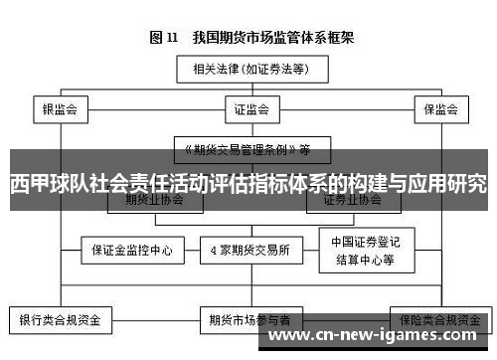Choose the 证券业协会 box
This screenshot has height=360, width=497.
pos(354,199)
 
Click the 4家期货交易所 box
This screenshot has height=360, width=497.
pos(250,250)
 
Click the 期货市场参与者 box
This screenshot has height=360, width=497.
pos(249,320)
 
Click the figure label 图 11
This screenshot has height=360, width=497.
pos(163,38)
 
